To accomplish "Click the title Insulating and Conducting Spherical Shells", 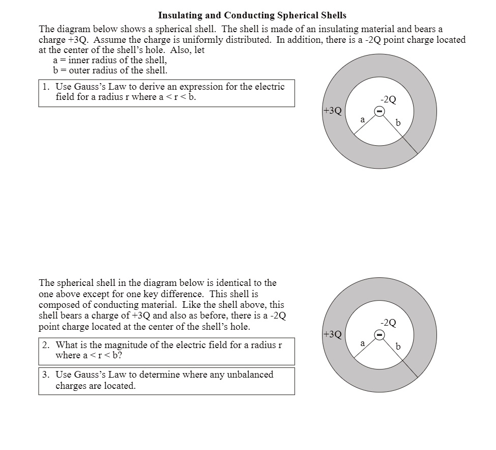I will (x=252, y=15).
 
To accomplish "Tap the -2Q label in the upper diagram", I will (x=388, y=100).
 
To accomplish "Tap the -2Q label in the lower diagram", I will (x=388, y=323).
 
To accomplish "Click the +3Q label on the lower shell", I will (x=332, y=334).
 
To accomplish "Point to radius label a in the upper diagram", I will (x=362, y=119).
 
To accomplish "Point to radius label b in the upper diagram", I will (x=398, y=123).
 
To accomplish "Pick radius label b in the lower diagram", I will (x=398, y=347).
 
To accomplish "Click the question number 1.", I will (x=45, y=87).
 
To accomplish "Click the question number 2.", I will (x=45, y=345).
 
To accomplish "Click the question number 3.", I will (x=45, y=375).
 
